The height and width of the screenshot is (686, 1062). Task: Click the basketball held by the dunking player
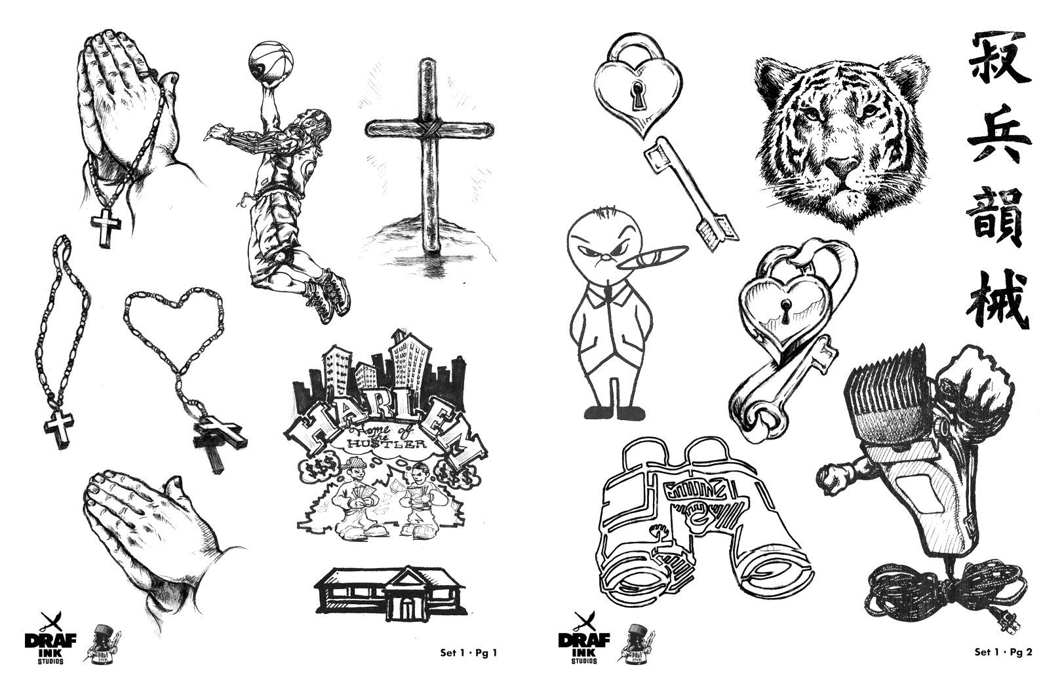pyautogui.click(x=266, y=61)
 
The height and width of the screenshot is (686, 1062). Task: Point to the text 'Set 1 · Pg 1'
pyautogui.click(x=469, y=653)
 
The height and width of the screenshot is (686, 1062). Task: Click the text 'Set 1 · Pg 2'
pyautogui.click(x=1003, y=653)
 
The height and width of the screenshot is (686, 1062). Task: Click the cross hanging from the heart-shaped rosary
pyautogui.click(x=218, y=438)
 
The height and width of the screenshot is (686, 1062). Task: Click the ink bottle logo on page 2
pyautogui.click(x=637, y=645)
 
